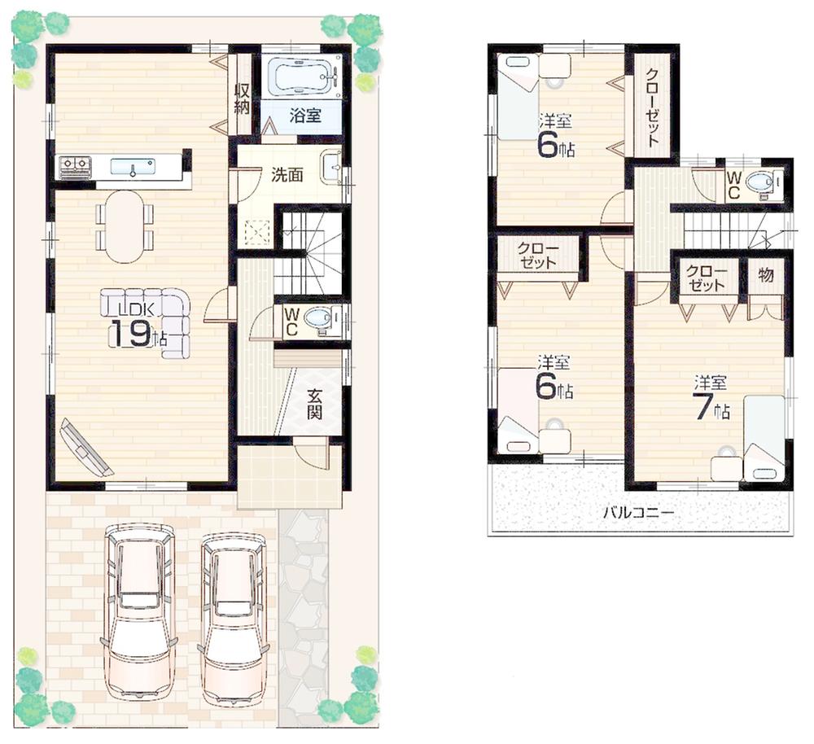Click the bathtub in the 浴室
click(300, 78)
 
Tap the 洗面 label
click(287, 174)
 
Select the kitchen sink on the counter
click(132, 167)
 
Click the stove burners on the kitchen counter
click(74, 167)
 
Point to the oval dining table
click(125, 225)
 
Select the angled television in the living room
click(85, 447)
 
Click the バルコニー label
click(638, 514)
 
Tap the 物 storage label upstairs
click(765, 274)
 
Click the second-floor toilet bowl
click(761, 183)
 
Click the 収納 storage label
click(242, 97)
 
